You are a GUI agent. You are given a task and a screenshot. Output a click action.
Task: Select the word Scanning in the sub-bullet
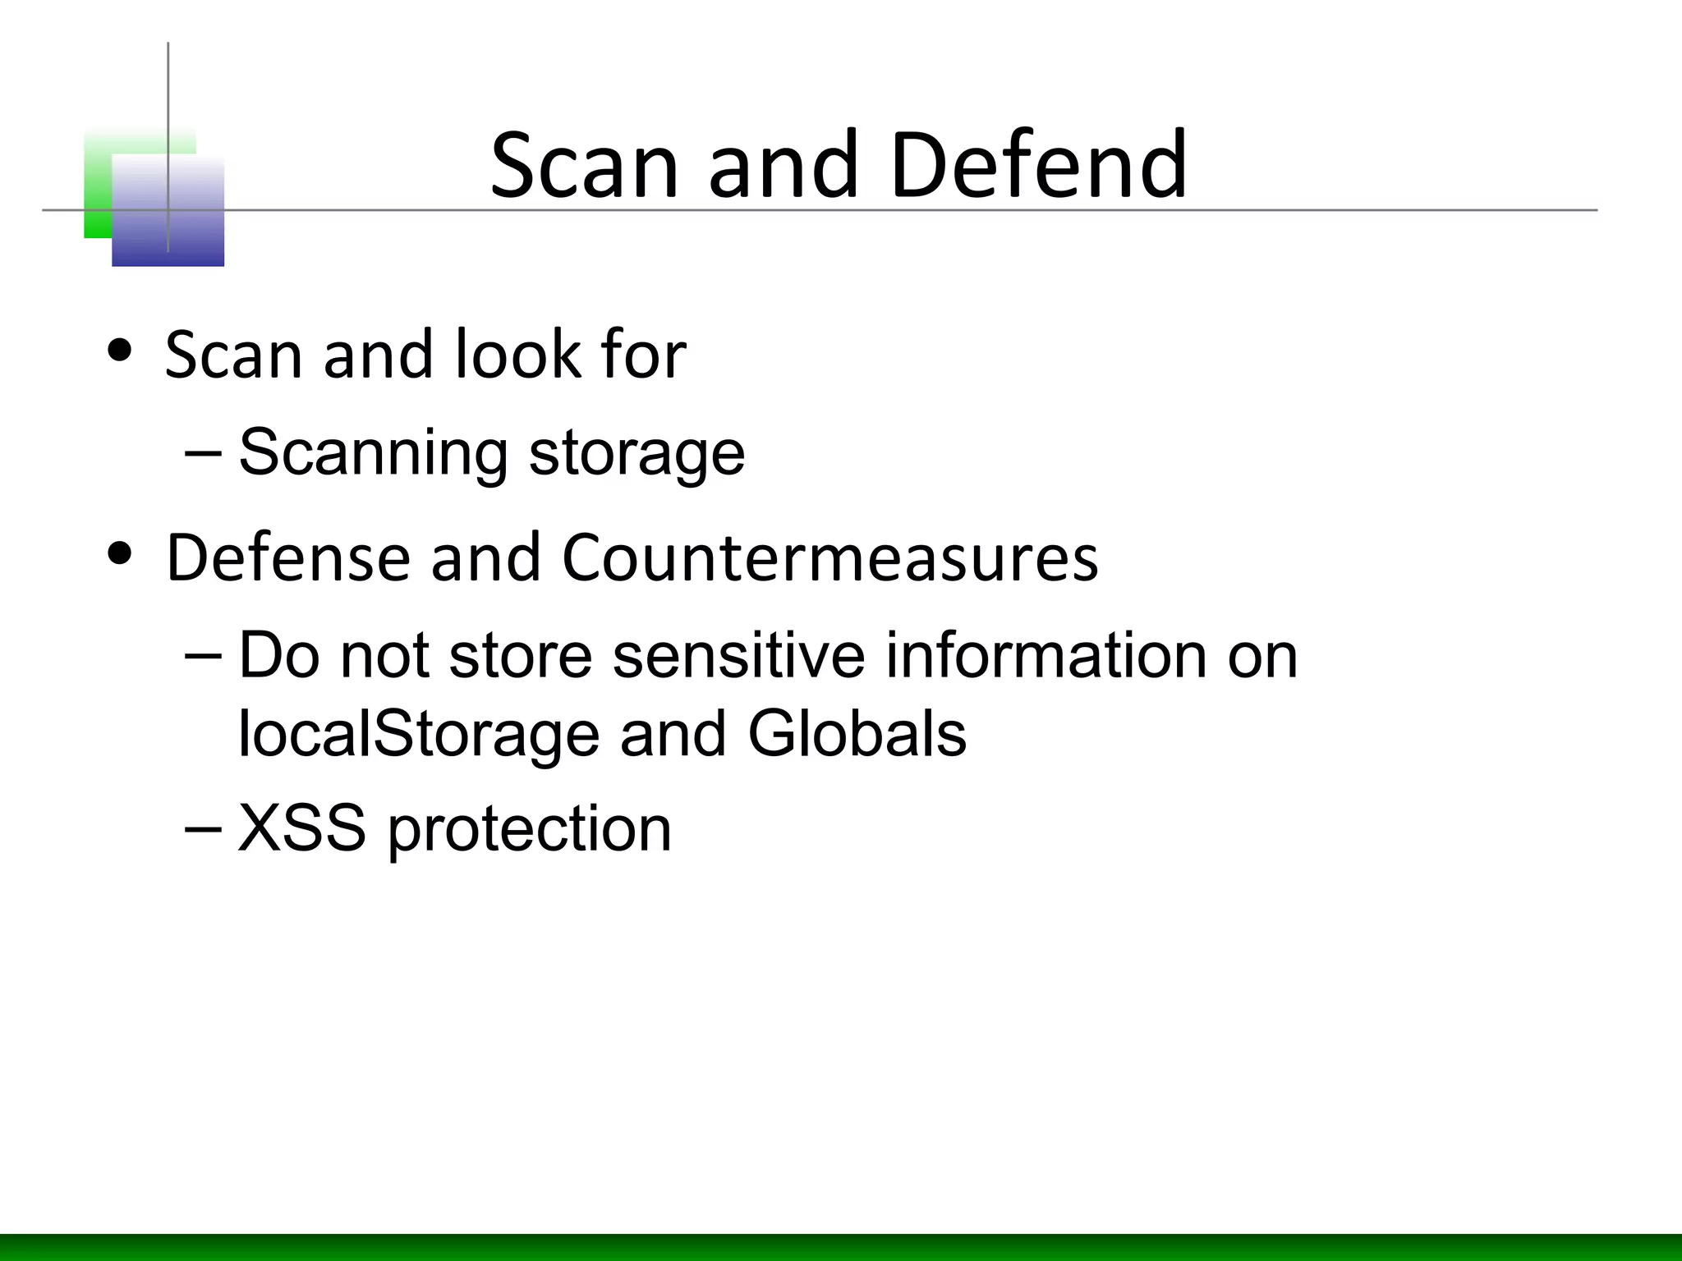pyautogui.click(x=373, y=453)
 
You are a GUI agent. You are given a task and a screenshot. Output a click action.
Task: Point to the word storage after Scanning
pyautogui.click(x=636, y=453)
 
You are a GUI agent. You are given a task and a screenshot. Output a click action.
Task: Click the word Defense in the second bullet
pyautogui.click(x=287, y=558)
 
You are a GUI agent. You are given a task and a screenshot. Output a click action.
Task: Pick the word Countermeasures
pyautogui.click(x=830, y=558)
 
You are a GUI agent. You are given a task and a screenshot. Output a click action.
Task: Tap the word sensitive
pyautogui.click(x=738, y=656)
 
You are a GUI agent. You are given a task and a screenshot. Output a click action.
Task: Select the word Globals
pyautogui.click(x=857, y=733)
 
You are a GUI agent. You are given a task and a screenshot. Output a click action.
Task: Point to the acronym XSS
pyautogui.click(x=301, y=828)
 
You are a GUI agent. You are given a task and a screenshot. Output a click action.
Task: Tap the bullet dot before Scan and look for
pyautogui.click(x=120, y=351)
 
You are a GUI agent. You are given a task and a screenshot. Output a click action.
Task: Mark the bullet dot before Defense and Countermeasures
pyautogui.click(x=120, y=553)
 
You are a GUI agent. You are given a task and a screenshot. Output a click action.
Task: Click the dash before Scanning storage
pyautogui.click(x=203, y=452)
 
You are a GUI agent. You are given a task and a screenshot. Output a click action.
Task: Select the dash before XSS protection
pyautogui.click(x=203, y=828)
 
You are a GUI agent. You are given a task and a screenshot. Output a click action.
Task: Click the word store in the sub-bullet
pyautogui.click(x=521, y=656)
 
